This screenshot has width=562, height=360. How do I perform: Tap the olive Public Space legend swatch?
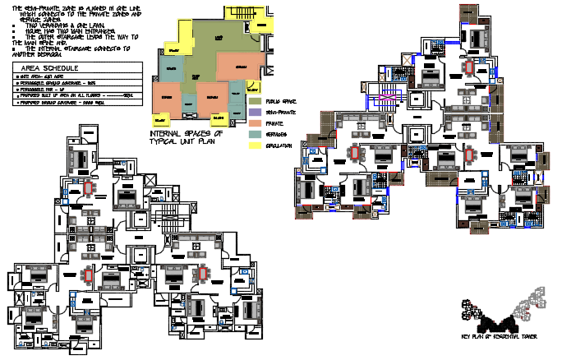coord(254,100)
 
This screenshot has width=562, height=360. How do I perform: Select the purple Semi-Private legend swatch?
coord(254,111)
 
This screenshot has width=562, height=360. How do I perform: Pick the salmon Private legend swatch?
coord(254,122)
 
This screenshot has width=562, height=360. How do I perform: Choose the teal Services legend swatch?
coord(254,133)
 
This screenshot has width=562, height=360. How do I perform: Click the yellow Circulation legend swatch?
coord(254,145)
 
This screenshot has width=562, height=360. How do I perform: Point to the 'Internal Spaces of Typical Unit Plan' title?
coord(187,136)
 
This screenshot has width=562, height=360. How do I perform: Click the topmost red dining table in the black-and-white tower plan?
coord(88,188)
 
